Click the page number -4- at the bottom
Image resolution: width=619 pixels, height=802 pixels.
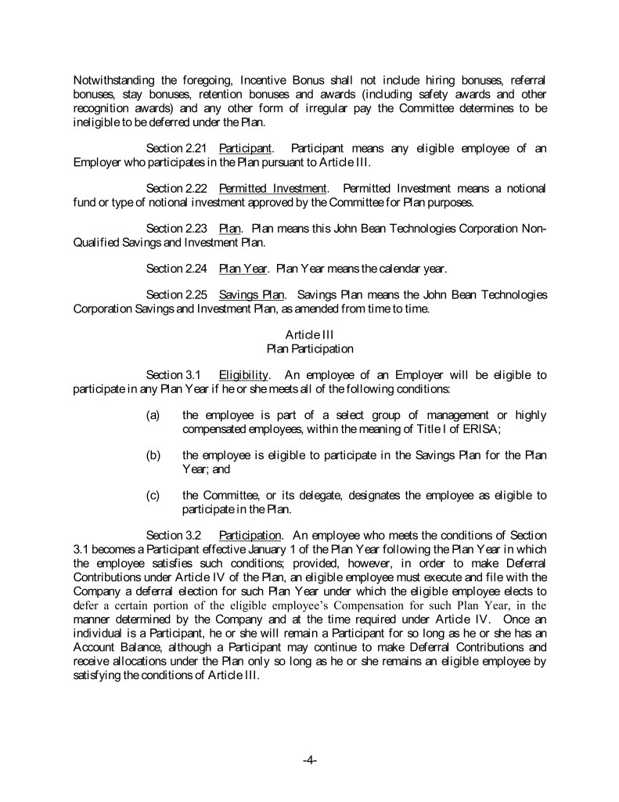[x=309, y=760]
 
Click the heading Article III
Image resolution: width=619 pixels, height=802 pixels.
[x=310, y=335]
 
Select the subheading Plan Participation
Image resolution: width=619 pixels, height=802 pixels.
[x=310, y=349]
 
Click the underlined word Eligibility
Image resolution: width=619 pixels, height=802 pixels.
[x=244, y=375]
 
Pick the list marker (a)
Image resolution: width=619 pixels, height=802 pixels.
[x=154, y=415]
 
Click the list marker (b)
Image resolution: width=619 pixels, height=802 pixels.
[x=154, y=455]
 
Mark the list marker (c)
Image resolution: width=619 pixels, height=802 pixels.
[x=154, y=495]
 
